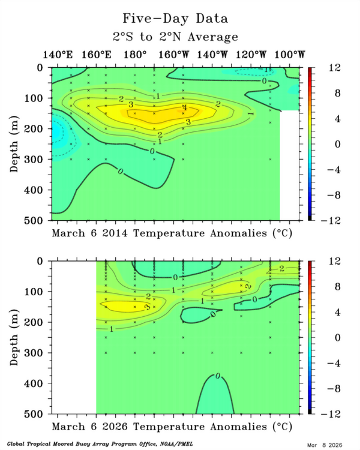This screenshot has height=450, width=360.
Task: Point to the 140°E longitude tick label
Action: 58,55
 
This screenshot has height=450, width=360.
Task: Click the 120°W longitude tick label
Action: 251,55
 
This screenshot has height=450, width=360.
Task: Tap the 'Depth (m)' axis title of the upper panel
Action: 16,144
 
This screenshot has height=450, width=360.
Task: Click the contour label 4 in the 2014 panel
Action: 184,108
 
